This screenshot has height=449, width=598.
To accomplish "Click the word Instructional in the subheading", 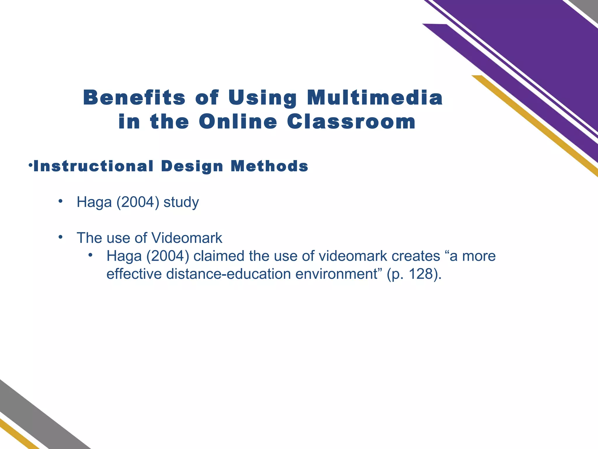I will click(x=93, y=166).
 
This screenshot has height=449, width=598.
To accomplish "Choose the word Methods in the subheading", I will click(x=269, y=166).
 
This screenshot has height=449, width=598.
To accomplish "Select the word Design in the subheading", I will click(x=192, y=167).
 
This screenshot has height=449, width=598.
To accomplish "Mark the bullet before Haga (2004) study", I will click(x=60, y=201).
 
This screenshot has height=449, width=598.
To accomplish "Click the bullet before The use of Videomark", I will click(x=60, y=236).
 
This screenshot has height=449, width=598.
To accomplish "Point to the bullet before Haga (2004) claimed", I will click(x=91, y=255).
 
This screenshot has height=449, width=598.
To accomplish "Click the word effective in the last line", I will click(x=134, y=274).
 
